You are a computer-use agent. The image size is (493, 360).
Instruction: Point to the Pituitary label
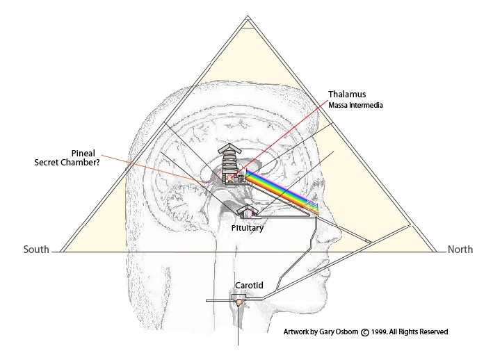pos(248,227)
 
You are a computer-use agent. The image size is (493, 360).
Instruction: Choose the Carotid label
pos(248,284)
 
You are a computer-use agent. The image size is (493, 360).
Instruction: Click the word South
pos(36,249)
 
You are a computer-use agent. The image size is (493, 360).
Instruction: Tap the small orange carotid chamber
pos(239,302)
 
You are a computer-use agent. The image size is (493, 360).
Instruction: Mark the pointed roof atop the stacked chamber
pos(230,149)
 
